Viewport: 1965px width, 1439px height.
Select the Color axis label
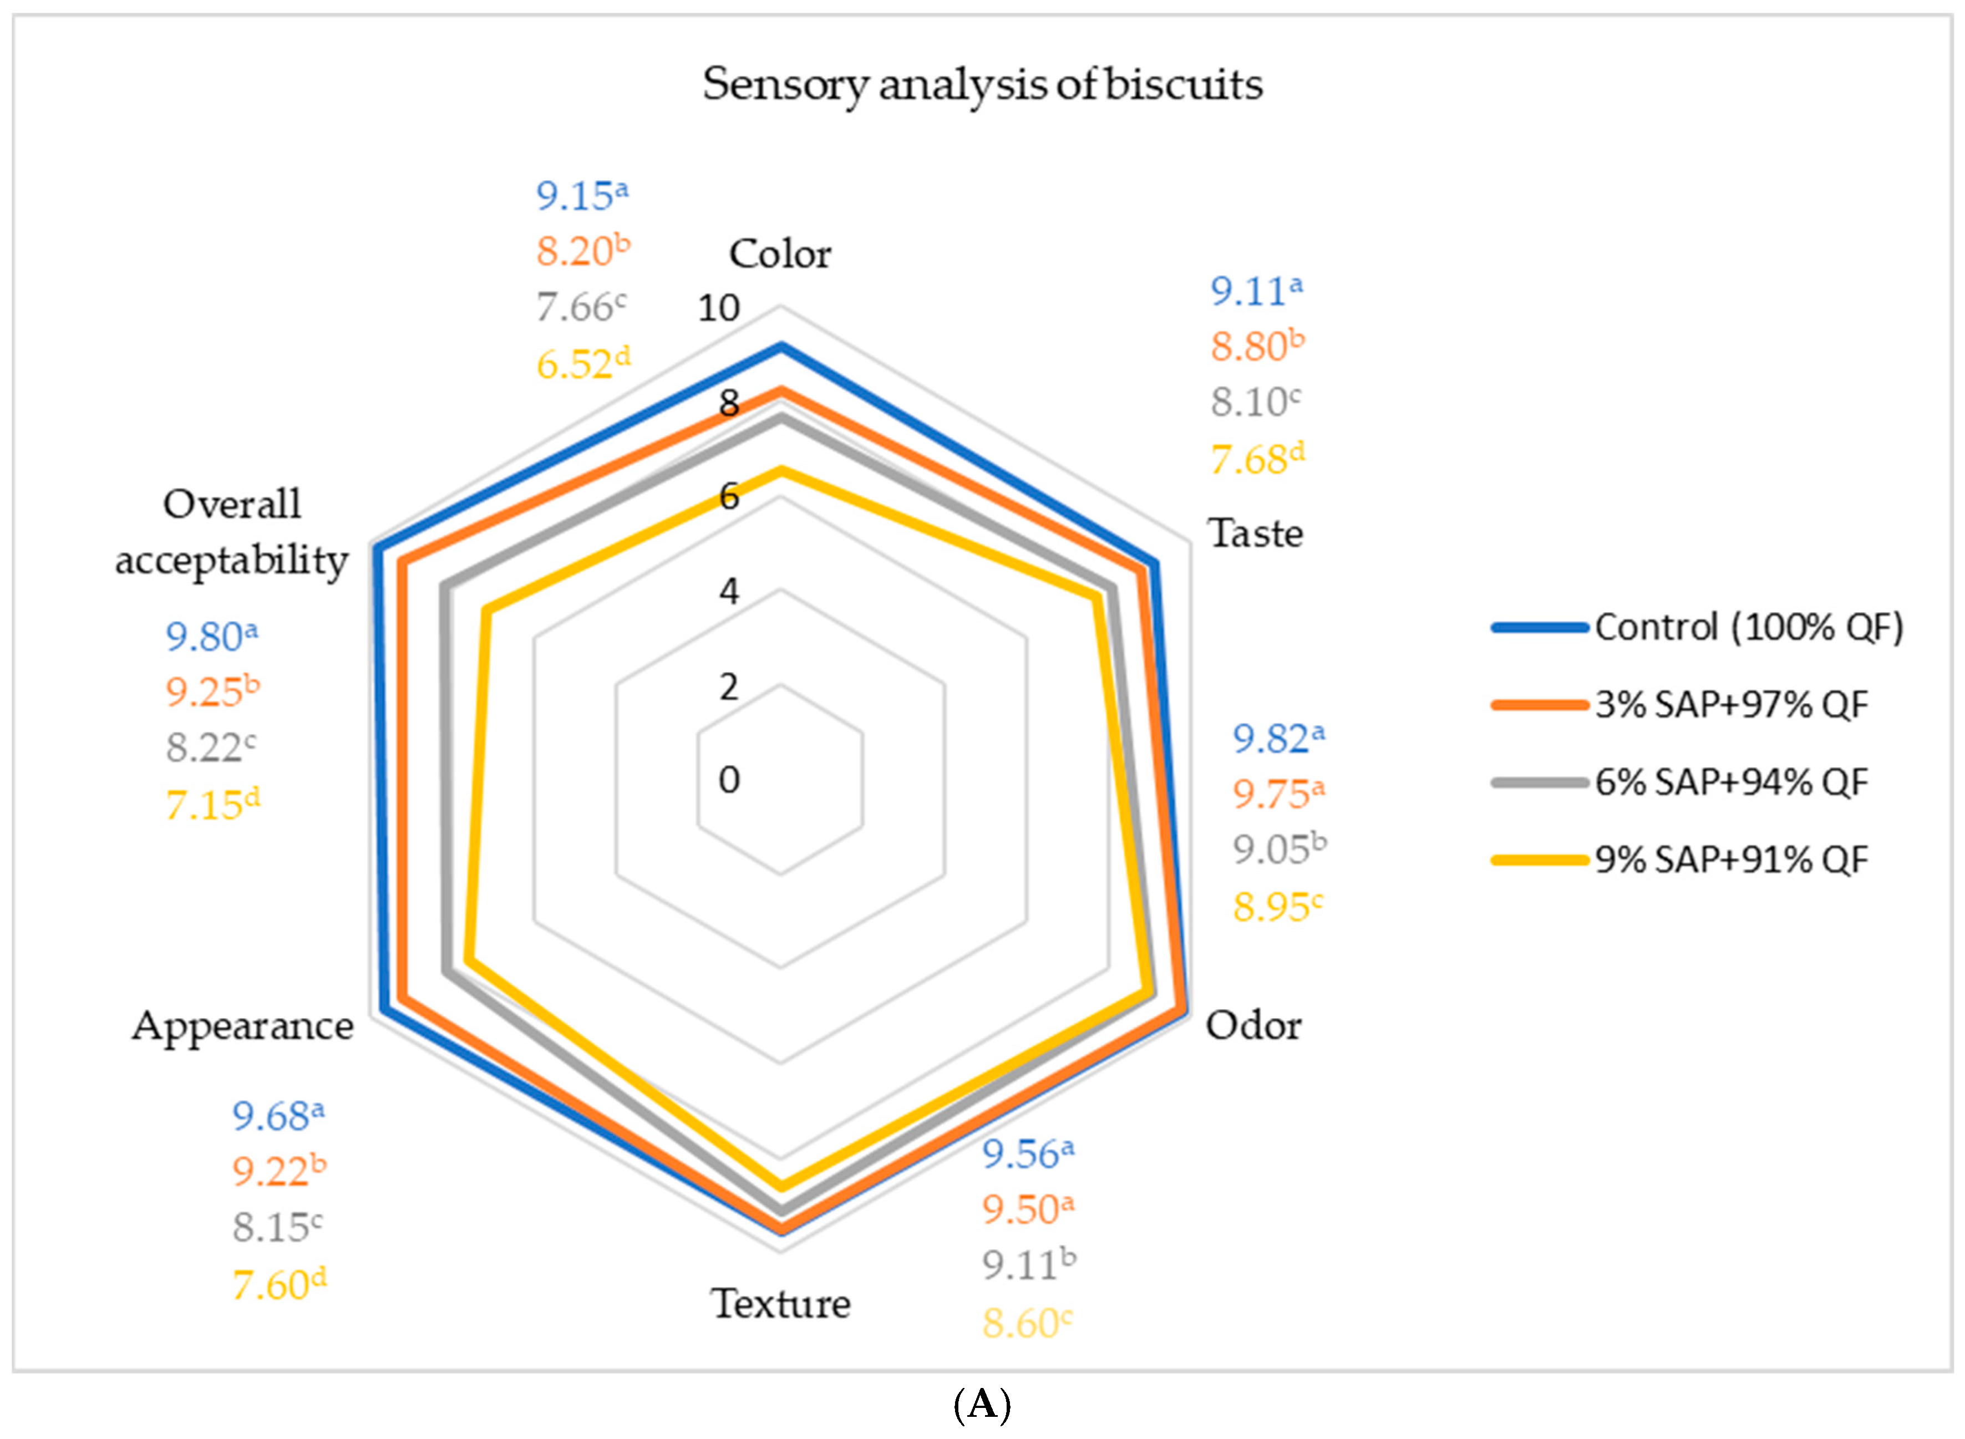tap(780, 255)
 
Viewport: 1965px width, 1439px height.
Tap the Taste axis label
tap(1255, 533)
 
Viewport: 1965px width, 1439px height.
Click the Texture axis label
tap(780, 1304)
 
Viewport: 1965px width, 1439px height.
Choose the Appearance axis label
tap(243, 1026)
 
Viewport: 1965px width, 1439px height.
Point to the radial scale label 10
tap(719, 308)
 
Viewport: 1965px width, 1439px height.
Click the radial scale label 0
tap(729, 780)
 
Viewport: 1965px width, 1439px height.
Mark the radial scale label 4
tap(729, 592)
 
